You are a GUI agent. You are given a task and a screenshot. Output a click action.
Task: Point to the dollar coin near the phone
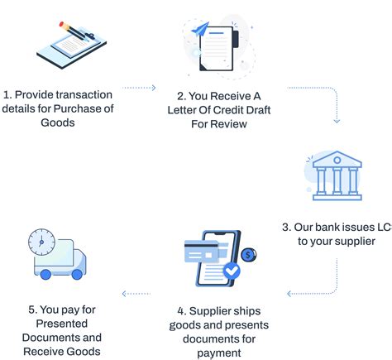coord(250,255)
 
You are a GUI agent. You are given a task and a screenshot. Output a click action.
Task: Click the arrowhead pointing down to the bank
coord(337,121)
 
